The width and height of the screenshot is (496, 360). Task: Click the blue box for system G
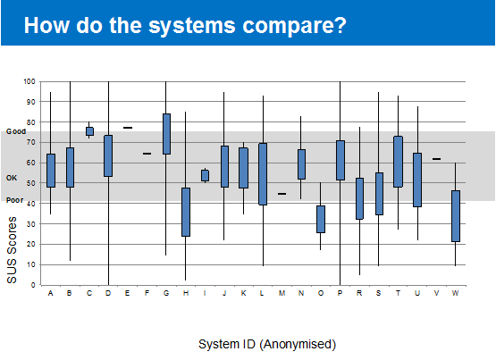tap(166, 134)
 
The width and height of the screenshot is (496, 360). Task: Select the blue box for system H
tap(186, 212)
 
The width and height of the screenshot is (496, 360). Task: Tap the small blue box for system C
tap(89, 131)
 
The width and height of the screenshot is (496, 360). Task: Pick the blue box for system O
tap(321, 220)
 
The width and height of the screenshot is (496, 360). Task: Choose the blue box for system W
tap(456, 216)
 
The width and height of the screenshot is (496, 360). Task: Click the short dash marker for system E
tap(128, 128)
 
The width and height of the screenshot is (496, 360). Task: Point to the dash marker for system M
tap(282, 194)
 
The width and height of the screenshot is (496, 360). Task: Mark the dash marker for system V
tap(436, 159)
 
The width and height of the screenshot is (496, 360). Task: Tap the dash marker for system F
tap(147, 154)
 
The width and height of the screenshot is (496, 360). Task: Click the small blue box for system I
tap(205, 175)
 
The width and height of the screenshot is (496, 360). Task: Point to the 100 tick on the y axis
tap(29, 81)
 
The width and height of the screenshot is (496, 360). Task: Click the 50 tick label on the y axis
tap(31, 183)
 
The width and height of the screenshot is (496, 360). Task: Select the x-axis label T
tap(398, 293)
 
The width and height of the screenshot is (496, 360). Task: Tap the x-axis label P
tap(340, 293)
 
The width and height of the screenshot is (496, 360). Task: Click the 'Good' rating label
tap(16, 131)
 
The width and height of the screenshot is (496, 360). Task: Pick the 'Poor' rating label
tap(15, 200)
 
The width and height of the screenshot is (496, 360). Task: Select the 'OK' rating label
tap(12, 178)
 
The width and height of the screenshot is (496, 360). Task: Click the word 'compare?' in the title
tap(295, 26)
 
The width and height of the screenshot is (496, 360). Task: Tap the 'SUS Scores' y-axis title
tap(12, 250)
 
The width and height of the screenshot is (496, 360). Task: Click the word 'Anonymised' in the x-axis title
tap(298, 344)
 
